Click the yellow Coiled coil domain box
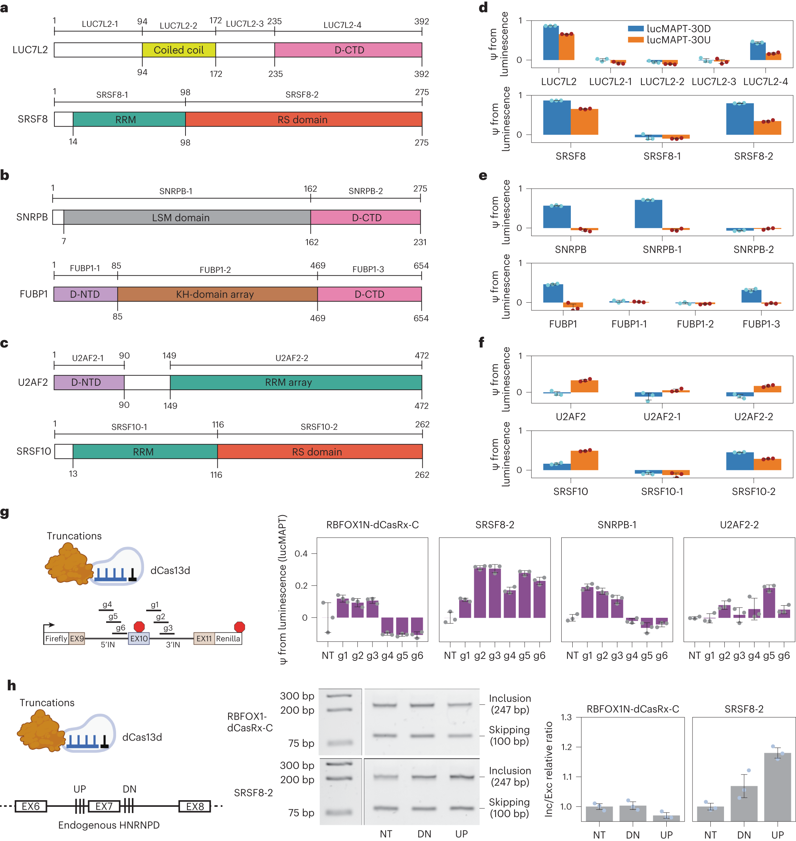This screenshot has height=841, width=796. point(179,50)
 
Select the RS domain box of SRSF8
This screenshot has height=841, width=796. point(303,120)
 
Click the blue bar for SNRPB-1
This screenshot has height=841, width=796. point(648,214)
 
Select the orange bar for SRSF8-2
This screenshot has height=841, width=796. point(767,128)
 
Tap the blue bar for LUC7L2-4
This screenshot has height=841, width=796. point(757,51)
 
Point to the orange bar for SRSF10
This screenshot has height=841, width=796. point(584,460)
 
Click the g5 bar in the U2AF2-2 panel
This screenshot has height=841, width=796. point(769,603)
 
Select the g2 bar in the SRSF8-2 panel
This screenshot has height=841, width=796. point(479,592)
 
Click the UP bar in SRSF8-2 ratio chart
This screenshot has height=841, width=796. point(777,787)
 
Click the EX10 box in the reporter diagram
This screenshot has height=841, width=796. point(139,638)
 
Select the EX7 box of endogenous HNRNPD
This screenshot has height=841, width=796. point(104,806)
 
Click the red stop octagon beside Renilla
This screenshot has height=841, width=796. point(239,627)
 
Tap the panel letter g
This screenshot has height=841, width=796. point(5,513)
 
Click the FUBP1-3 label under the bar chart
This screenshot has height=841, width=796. point(760,324)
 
